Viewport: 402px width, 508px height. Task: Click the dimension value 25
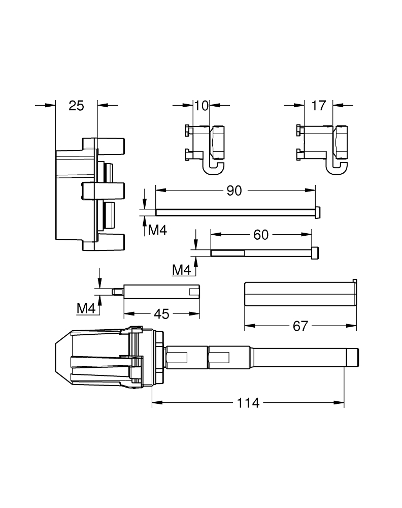[76, 106]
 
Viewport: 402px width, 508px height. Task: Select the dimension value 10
[202, 106]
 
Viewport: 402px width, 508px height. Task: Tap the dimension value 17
[318, 106]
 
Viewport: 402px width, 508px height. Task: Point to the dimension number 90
[234, 190]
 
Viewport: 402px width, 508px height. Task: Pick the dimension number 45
[161, 314]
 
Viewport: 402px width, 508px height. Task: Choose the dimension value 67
[300, 326]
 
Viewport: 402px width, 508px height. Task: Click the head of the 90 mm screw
[318, 212]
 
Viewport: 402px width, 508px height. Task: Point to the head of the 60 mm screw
[315, 252]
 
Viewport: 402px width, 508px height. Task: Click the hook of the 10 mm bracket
[213, 167]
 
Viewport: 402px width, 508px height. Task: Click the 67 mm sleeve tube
[299, 293]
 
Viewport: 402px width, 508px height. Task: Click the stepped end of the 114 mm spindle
[352, 358]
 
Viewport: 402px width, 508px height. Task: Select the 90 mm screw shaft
[234, 212]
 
